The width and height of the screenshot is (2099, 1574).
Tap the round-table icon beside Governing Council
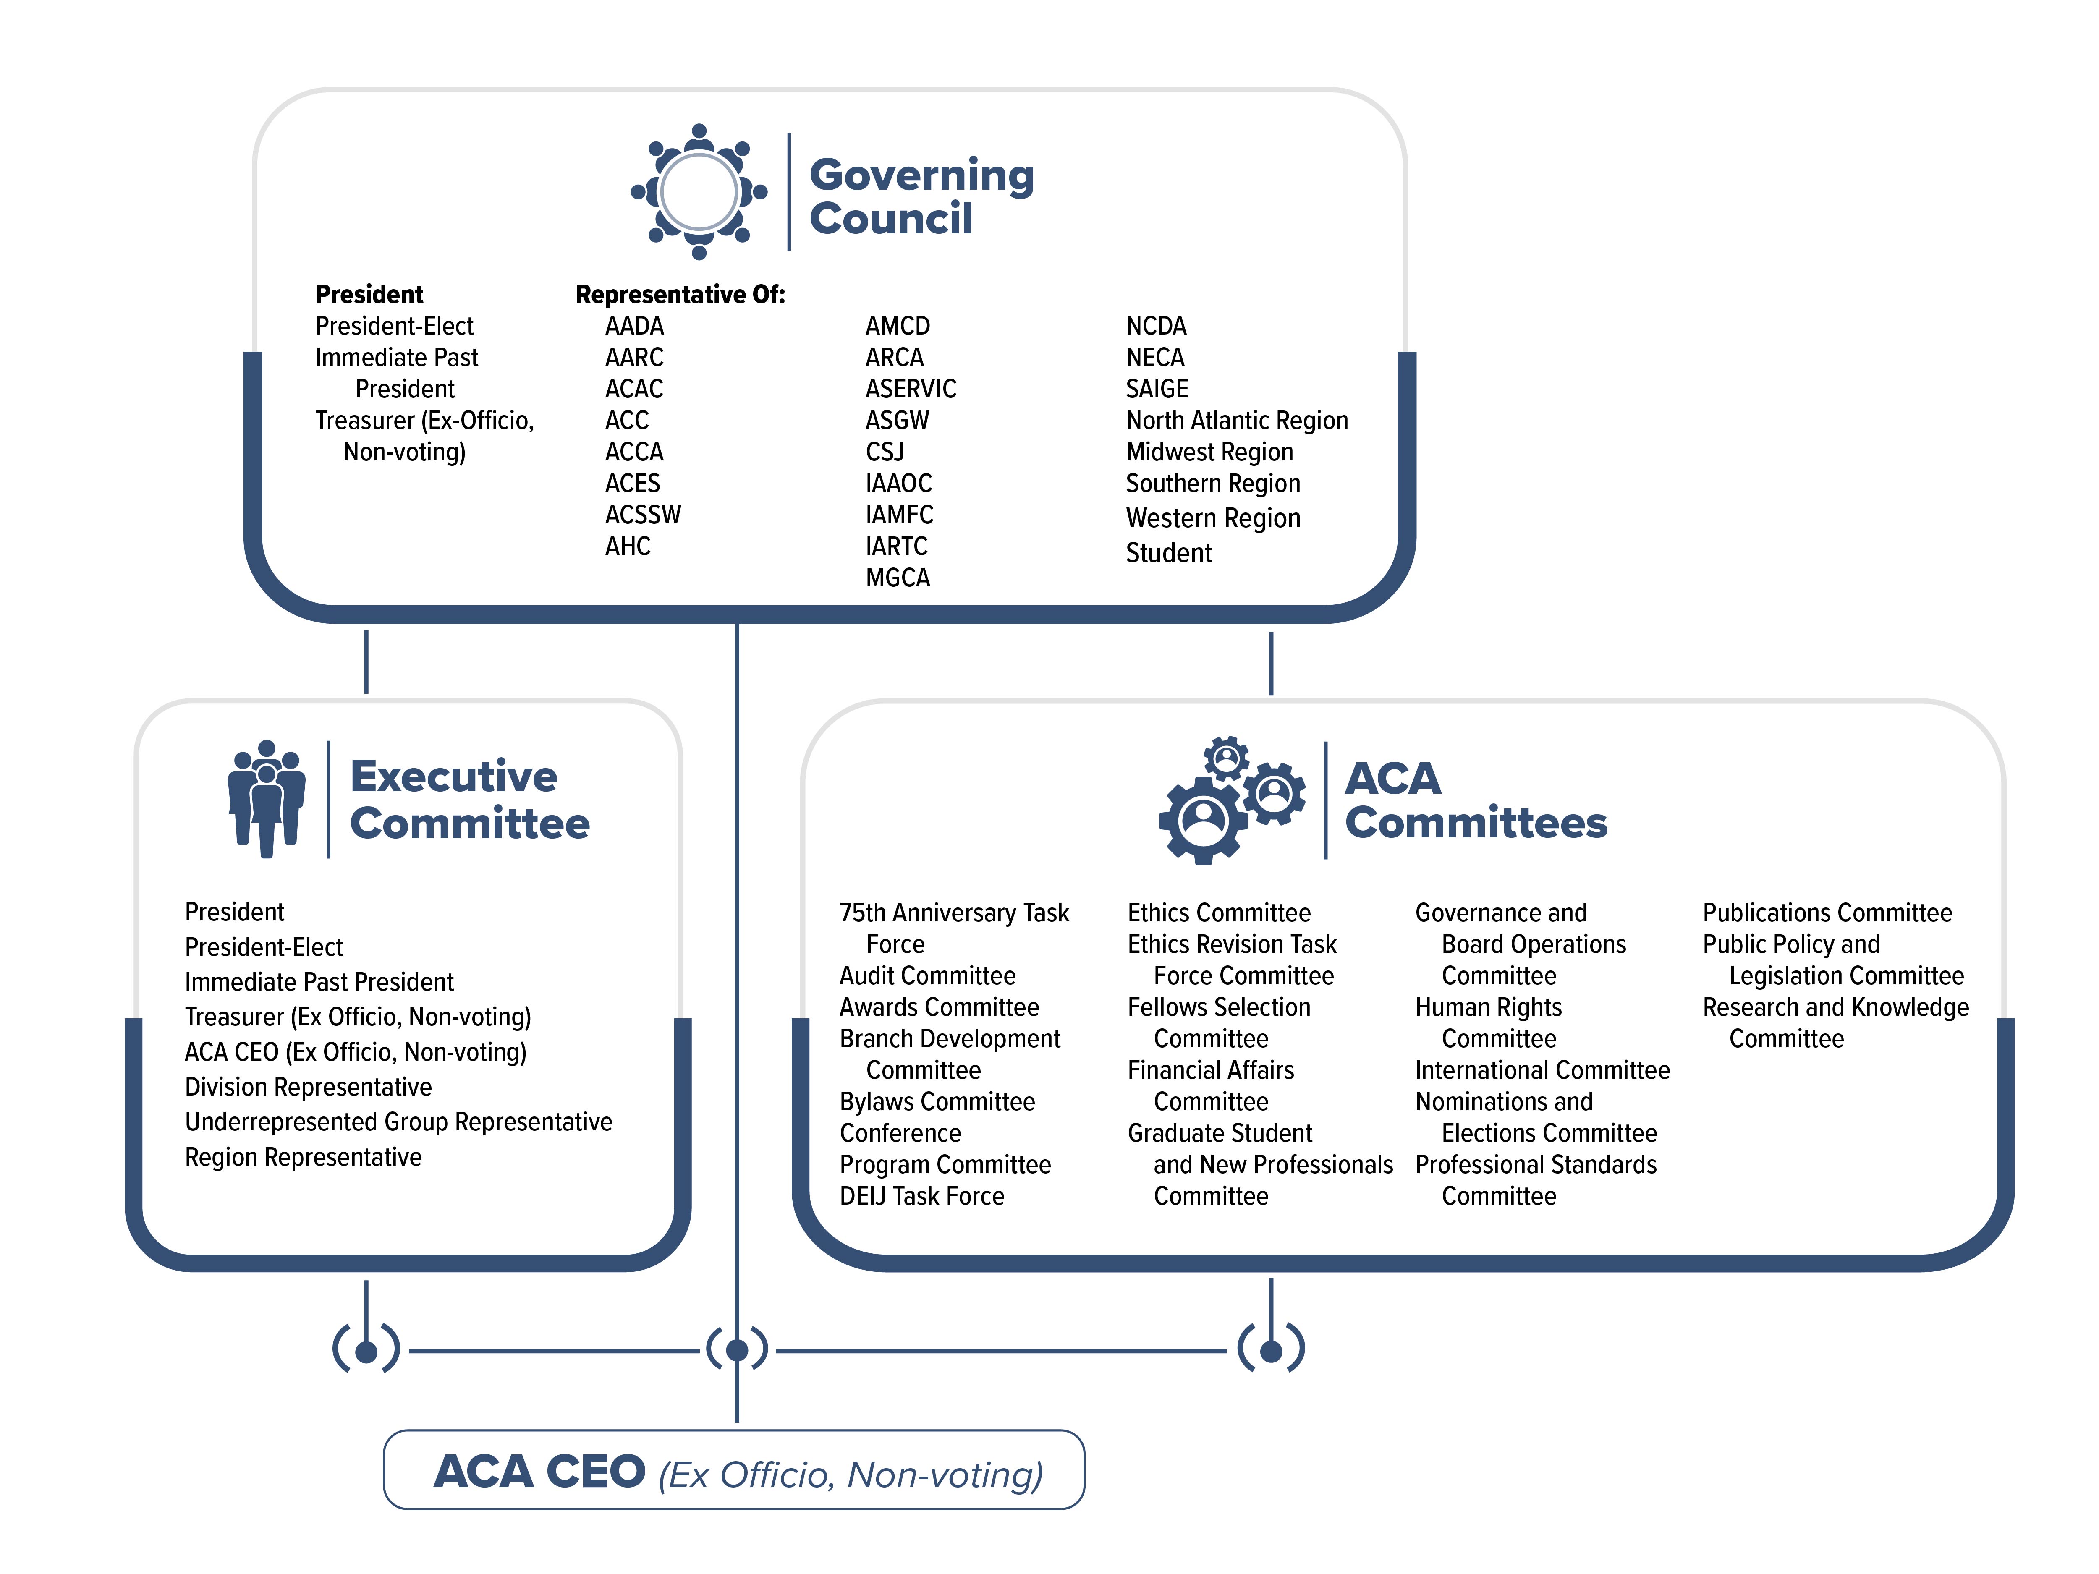(699, 192)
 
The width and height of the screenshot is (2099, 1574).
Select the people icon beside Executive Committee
(267, 799)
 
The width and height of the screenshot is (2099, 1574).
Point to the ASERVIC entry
(910, 389)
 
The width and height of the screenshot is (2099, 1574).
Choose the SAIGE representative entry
(1157, 389)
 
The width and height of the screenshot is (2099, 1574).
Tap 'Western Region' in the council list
(1213, 518)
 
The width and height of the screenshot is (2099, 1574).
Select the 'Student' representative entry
(1168, 553)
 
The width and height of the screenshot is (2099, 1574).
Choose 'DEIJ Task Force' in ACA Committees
(921, 1196)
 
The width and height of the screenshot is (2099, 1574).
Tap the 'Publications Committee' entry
(1827, 913)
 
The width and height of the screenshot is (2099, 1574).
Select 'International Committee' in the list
(1542, 1070)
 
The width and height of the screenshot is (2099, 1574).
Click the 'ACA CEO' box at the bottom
(733, 1471)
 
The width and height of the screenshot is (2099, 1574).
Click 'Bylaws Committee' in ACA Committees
(937, 1101)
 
